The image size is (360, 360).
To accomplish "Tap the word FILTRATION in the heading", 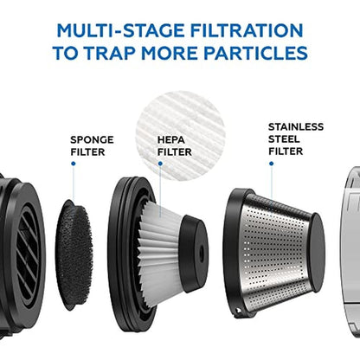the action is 247,30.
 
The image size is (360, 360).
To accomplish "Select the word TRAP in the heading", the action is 110,53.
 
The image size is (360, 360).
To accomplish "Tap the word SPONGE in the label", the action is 92,140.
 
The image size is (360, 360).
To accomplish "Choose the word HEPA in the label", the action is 171,140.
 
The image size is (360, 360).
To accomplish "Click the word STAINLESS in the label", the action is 296,127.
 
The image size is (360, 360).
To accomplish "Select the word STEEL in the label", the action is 284,139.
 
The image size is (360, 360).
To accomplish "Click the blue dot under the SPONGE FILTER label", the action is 74,164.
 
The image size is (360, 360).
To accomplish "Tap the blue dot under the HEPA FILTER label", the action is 160,164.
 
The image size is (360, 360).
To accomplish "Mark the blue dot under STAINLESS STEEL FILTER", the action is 271,164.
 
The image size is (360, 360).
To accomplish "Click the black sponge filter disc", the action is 74,254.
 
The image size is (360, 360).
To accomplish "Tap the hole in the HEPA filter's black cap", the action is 202,254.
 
